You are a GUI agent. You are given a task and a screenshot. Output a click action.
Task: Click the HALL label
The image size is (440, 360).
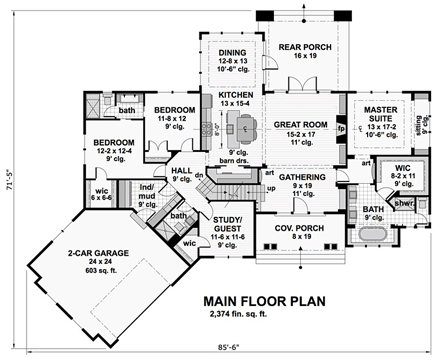tap(181, 171)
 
